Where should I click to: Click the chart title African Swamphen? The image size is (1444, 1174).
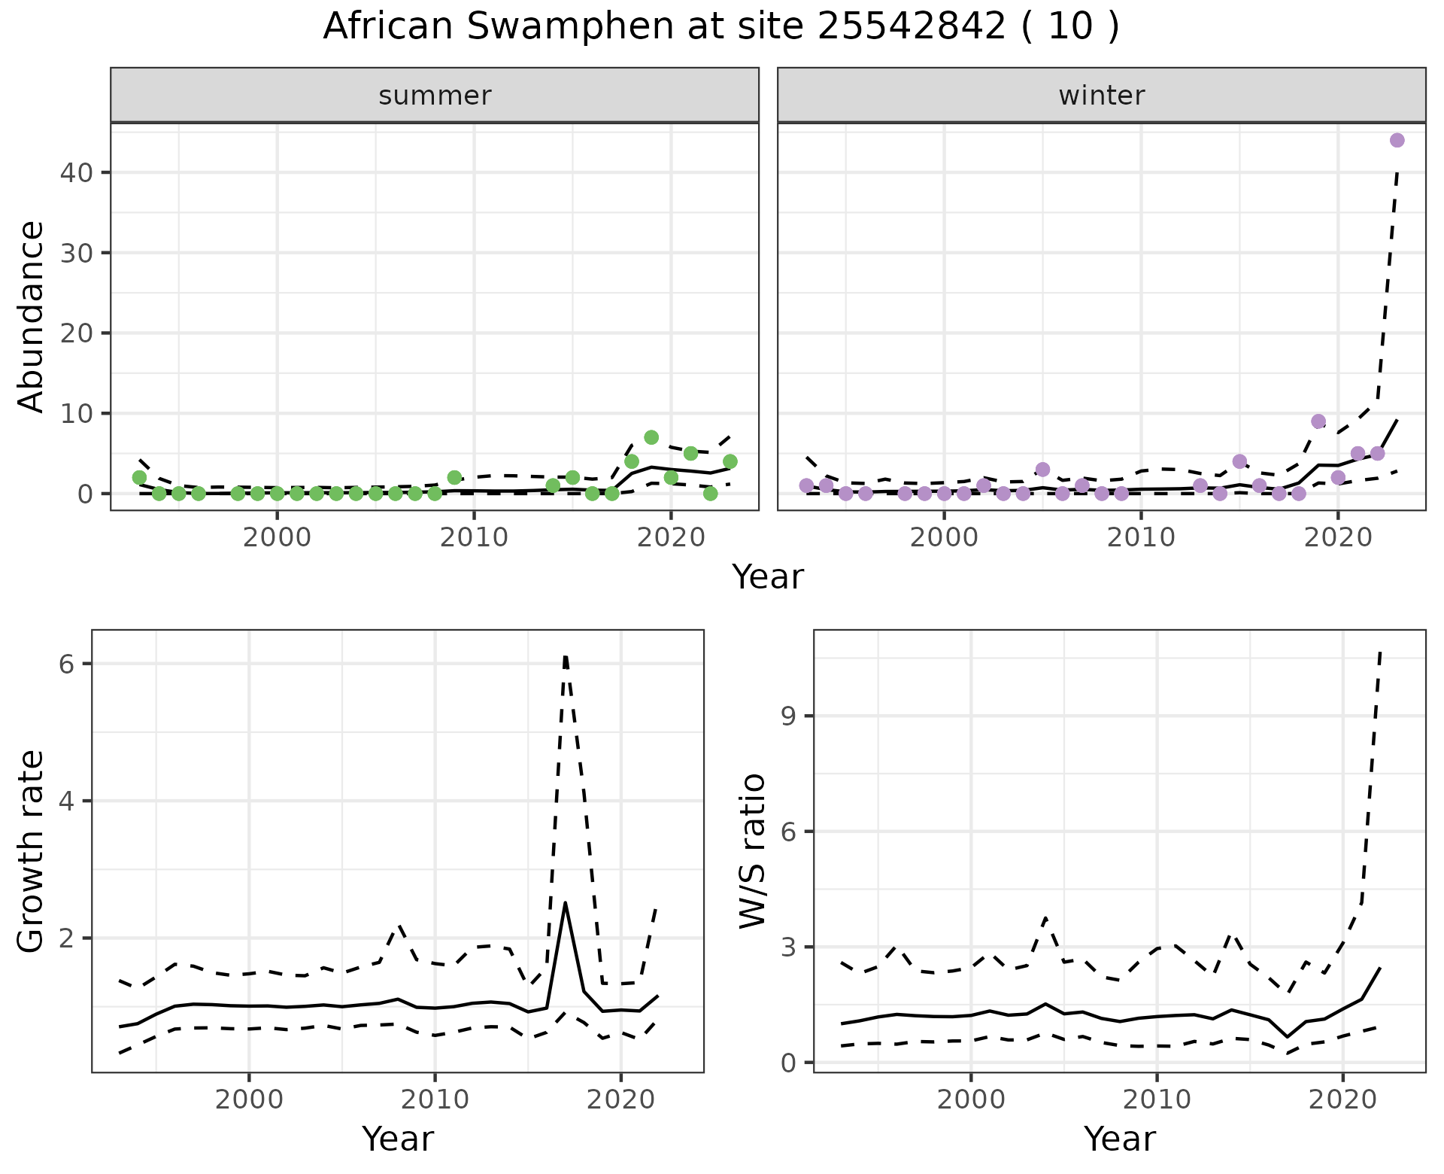[720, 27]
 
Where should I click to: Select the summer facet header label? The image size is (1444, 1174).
[435, 96]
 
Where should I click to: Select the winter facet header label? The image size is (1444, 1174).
[1101, 96]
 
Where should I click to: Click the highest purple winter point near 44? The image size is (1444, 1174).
[1397, 140]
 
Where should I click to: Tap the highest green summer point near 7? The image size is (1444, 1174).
[651, 437]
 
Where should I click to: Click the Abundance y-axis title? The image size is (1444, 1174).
[32, 316]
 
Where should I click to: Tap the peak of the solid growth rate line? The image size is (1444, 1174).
[565, 903]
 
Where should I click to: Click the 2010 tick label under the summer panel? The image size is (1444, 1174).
[474, 538]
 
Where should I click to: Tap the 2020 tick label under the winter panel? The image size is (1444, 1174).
[1337, 538]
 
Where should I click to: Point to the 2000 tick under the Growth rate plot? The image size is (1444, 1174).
[249, 1099]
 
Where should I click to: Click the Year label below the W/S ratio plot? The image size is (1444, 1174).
[1119, 1139]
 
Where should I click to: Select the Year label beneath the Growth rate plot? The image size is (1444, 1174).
[398, 1139]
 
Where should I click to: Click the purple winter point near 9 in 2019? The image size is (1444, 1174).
[1318, 421]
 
